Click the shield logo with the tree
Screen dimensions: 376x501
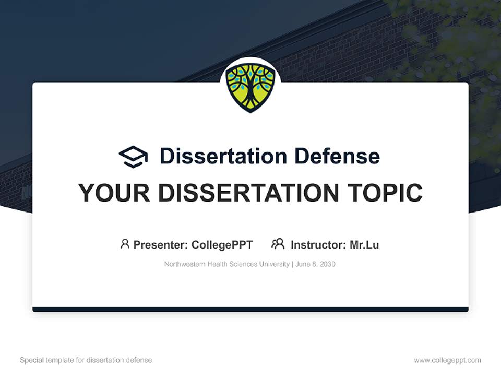coord(250,87)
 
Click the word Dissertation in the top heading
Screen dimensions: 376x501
coord(223,156)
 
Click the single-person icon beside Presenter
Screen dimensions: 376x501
coord(125,244)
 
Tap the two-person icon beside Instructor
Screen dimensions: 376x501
coord(278,244)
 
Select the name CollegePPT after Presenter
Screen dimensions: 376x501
coord(222,245)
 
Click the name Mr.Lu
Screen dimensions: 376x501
coord(364,245)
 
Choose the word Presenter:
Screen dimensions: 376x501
coord(161,245)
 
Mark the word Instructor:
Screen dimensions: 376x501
coord(318,245)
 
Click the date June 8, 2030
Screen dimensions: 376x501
coord(315,264)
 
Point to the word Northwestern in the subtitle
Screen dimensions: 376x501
coord(185,264)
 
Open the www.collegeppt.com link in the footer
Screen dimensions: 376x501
coord(447,360)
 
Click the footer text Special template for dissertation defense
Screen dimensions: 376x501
coord(86,360)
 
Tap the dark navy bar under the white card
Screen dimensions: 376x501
coord(250,309)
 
